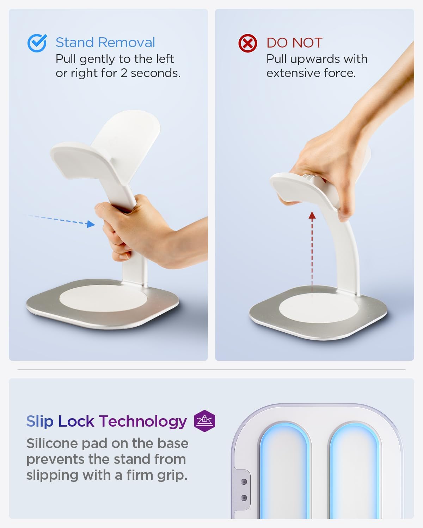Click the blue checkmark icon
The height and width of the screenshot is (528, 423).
point(37,43)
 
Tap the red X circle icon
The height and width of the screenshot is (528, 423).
point(247,43)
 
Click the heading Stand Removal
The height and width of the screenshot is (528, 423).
point(105,43)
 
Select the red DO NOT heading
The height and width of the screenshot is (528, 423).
point(294,43)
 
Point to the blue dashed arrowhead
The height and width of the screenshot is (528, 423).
point(91,224)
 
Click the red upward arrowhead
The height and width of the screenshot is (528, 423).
point(312,215)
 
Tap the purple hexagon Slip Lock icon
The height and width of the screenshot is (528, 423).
point(204,421)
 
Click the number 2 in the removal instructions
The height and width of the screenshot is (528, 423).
point(124,73)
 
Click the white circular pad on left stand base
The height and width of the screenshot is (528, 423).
point(103,298)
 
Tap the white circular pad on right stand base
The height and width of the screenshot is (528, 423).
point(319,307)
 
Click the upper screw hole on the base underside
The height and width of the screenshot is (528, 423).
point(244,482)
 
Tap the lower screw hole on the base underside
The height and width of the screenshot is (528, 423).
point(244,498)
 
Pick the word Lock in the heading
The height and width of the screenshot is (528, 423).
point(76,421)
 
